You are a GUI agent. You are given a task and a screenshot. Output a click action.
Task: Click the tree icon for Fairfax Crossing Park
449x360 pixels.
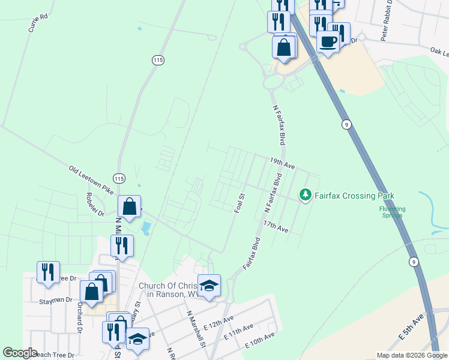pyautogui.click(x=306, y=195)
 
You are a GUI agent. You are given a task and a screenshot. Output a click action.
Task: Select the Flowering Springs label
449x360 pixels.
pyautogui.click(x=393, y=212)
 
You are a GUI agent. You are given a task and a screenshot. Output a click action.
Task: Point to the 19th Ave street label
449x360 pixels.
pyautogui.click(x=282, y=162)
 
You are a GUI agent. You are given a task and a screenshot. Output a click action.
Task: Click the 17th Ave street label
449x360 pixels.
pyautogui.click(x=276, y=226)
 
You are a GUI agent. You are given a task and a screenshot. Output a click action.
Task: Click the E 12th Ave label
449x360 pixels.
pyautogui.click(x=218, y=325)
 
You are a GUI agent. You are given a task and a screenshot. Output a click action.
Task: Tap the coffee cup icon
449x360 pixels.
pyautogui.click(x=328, y=41)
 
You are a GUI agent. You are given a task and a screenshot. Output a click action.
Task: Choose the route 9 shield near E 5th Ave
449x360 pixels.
pyautogui.click(x=414, y=262)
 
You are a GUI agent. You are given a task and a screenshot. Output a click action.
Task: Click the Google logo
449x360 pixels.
pyautogui.click(x=20, y=353)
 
